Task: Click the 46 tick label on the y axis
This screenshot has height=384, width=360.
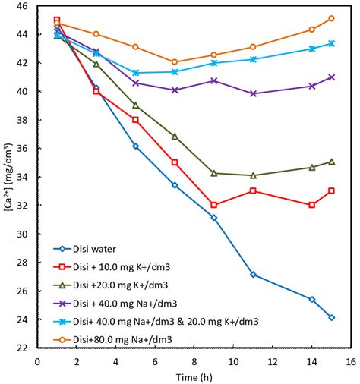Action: [x=22, y=6]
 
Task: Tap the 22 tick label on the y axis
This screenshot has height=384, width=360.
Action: [x=22, y=348]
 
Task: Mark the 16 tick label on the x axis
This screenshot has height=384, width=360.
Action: [x=350, y=361]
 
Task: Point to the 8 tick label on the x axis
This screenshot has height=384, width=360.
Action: [x=194, y=361]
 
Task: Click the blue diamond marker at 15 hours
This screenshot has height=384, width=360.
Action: [x=331, y=317]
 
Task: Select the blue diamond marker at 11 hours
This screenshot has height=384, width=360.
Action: [x=253, y=275]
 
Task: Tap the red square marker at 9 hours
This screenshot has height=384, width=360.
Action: [x=214, y=205]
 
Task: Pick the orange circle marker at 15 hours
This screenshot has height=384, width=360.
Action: [x=331, y=18]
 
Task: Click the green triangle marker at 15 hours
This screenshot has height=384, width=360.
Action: [x=331, y=162]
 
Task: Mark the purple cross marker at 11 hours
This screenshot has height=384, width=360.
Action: [x=253, y=93]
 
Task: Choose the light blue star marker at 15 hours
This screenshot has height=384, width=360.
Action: [x=331, y=43]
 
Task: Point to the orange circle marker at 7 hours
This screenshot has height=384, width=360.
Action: [x=175, y=61]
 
